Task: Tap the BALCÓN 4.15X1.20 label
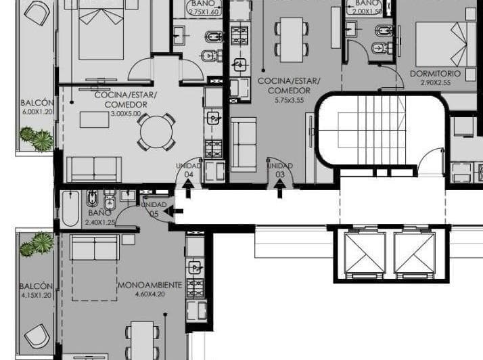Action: tap(34, 291)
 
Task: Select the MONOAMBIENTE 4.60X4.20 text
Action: tap(149, 290)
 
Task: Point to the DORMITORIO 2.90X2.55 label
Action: tap(434, 78)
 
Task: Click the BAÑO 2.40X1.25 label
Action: tap(99, 217)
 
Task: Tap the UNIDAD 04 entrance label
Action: tap(189, 170)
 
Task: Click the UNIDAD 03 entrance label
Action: tap(279, 170)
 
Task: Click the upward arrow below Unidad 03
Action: tap(280, 192)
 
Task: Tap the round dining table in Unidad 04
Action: tap(156, 131)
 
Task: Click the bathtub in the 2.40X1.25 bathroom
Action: tap(70, 207)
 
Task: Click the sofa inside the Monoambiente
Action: tap(94, 250)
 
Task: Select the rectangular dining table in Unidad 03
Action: tap(292, 35)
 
